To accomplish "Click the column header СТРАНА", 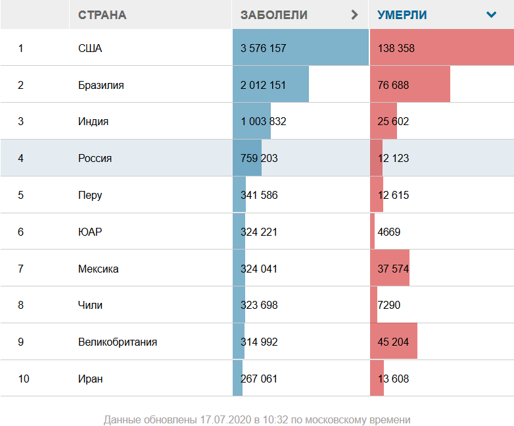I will click(x=102, y=14).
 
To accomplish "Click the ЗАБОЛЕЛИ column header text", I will click(x=274, y=14).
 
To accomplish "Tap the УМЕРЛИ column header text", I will click(x=402, y=14).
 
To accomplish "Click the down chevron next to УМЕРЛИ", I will click(x=491, y=14).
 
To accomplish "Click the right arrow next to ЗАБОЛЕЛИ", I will click(x=355, y=14).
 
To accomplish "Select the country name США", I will click(x=90, y=48).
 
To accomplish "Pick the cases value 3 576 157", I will click(x=264, y=48).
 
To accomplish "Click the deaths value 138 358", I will click(x=396, y=48).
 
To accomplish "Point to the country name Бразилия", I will click(x=101, y=85).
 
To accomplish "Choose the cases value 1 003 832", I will click(x=264, y=122).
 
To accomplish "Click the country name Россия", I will click(x=95, y=158).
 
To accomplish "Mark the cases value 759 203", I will click(x=260, y=158).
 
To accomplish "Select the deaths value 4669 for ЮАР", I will click(x=389, y=232).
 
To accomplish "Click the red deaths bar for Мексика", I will click(x=390, y=269).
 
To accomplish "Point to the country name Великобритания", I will click(x=118, y=342).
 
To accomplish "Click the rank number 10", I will click(x=24, y=379).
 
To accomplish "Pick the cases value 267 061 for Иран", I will click(x=260, y=379).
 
